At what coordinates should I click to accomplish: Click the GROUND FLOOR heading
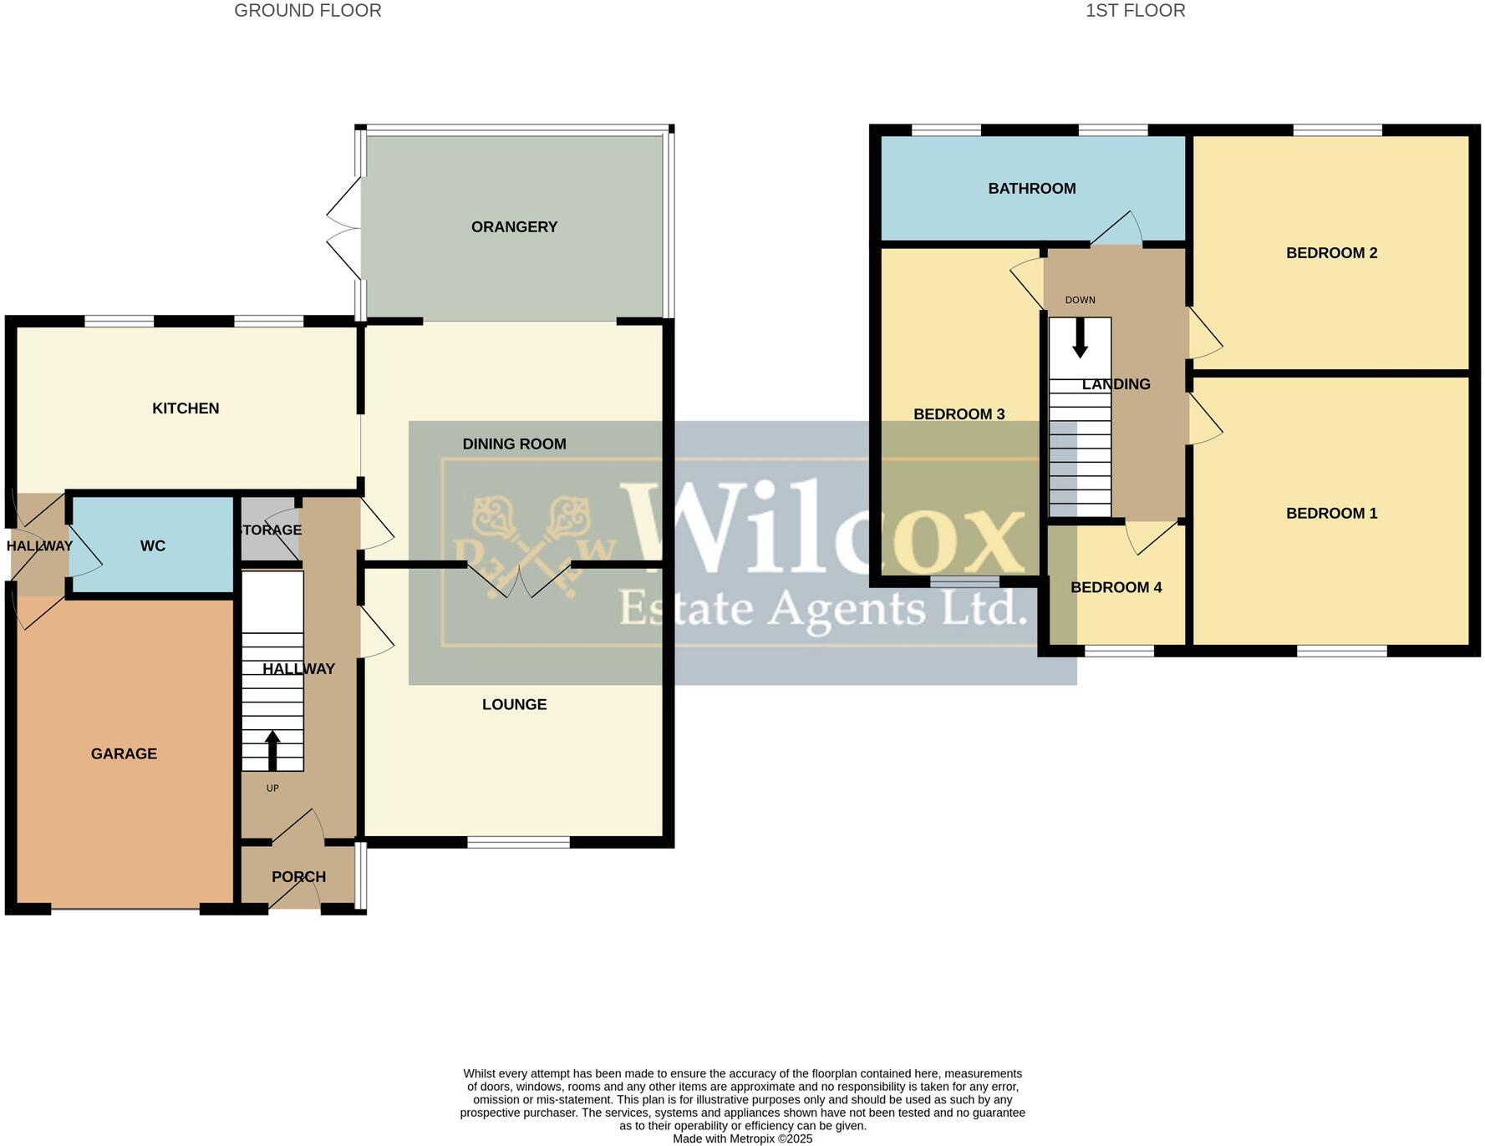[x=308, y=11]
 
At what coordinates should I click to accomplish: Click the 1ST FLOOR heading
[x=1135, y=11]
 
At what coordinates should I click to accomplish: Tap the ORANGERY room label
[x=514, y=227]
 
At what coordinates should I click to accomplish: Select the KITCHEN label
[x=186, y=408]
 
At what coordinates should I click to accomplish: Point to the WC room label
[x=153, y=546]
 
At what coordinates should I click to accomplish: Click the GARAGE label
[x=124, y=754]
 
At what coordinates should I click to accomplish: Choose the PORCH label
[x=298, y=877]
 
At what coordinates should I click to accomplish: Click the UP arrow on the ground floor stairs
[x=272, y=750]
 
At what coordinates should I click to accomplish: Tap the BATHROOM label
[x=1031, y=189]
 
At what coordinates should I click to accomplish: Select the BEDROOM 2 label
[x=1331, y=253]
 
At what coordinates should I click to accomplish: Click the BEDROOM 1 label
[x=1331, y=514]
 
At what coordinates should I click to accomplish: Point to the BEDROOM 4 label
[x=1116, y=588]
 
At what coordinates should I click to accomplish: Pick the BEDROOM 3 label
[x=959, y=414]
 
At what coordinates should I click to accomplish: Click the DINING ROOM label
[x=514, y=444]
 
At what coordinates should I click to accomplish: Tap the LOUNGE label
[x=514, y=705]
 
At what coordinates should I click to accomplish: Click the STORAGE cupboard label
[x=270, y=530]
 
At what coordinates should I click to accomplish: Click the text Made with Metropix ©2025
[x=742, y=1138]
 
